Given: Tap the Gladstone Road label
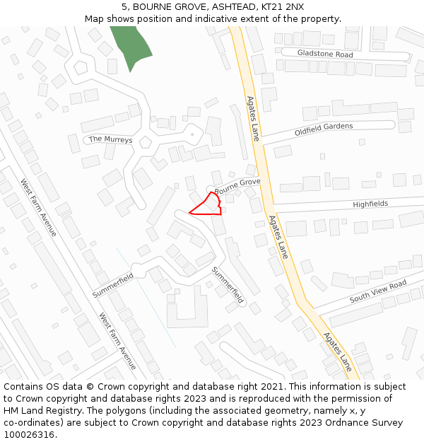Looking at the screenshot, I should tap(325, 54).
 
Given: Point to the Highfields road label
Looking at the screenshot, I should tap(370, 204).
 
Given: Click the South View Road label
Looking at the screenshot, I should tap(378, 291).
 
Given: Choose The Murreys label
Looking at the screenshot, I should tap(110, 139).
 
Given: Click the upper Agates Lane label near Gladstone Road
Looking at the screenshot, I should tap(253, 118).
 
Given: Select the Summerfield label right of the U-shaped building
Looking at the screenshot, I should tap(228, 284).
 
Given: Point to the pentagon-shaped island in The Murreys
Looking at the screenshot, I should tap(146, 141).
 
